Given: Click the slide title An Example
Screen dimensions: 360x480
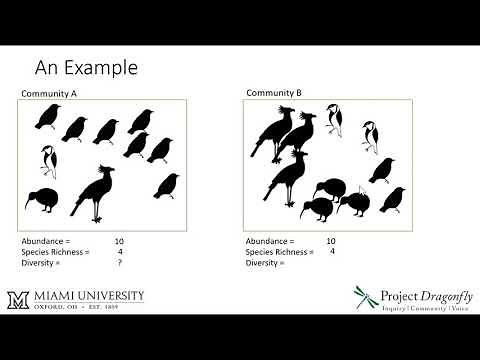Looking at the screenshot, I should pos(86,68).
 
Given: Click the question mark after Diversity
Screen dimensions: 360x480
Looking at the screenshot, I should pos(119,263).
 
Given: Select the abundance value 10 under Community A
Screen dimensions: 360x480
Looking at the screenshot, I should pos(119,242).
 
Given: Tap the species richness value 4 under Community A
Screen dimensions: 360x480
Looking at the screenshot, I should pos(120,252).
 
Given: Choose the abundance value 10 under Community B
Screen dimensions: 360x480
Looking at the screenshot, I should pos(330,242).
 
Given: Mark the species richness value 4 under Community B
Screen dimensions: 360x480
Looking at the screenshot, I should pos(331,252).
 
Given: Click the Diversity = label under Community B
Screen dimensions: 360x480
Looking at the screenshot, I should pos(268,263).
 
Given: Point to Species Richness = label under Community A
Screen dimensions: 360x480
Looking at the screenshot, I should pos(55,252).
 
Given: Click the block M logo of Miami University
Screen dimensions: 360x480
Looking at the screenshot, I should pos(42,299).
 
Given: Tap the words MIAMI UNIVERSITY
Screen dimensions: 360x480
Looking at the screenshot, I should pos(100,295).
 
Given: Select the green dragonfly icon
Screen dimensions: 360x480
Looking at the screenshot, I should pos(366,297).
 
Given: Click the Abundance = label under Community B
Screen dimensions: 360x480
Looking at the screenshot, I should pos(271,242).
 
